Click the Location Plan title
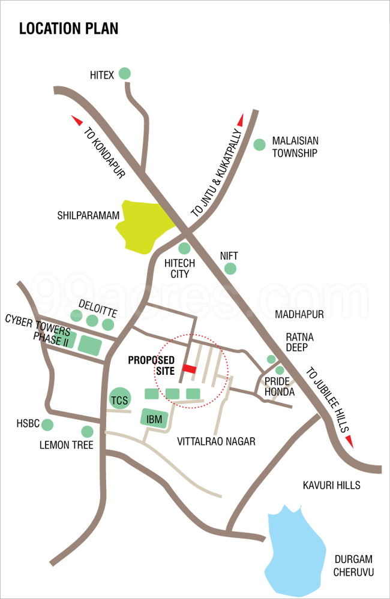tap(69, 28)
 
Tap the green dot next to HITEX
tap(124, 74)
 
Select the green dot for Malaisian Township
tap(259, 145)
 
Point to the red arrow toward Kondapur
tap(77, 120)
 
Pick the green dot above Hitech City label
tap(184, 248)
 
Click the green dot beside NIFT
tap(230, 269)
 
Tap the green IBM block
tap(154, 419)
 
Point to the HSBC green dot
tap(47, 425)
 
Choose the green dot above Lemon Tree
tap(87, 431)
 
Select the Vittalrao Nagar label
tap(217, 442)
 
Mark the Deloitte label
tap(97, 305)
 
